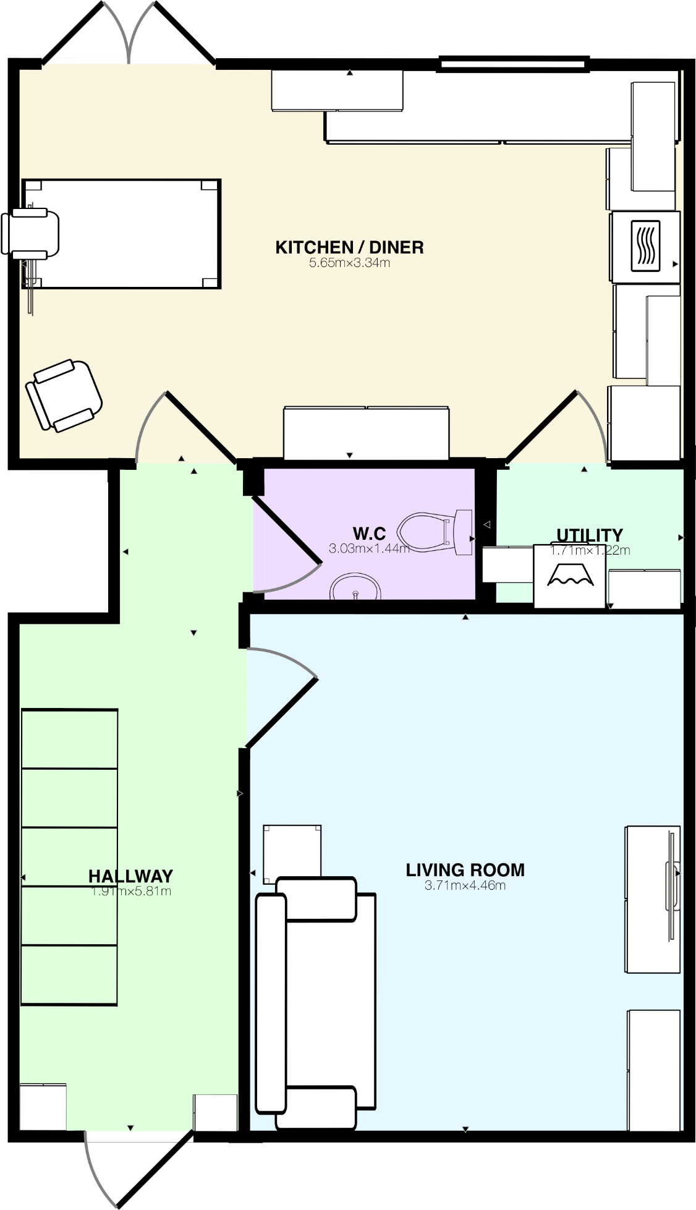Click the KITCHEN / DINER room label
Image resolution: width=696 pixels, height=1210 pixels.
tap(349, 247)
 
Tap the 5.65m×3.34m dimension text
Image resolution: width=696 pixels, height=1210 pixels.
tap(349, 263)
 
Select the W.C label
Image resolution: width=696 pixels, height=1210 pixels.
tap(369, 533)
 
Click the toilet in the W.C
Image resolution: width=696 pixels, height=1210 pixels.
tap(434, 532)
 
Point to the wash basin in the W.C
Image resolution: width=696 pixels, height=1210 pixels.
tap(355, 588)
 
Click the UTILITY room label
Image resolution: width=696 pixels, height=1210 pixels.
tap(589, 535)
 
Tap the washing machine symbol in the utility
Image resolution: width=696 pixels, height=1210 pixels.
tap(569, 576)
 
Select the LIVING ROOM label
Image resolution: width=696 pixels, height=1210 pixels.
tap(465, 870)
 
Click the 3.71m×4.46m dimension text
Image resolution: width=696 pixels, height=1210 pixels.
tap(465, 885)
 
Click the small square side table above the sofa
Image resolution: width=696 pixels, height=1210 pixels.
tap(292, 851)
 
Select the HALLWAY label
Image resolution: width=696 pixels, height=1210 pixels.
tap(130, 876)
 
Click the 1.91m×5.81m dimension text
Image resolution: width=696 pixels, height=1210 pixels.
tap(130, 892)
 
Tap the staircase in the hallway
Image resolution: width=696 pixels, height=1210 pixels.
tap(69, 856)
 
